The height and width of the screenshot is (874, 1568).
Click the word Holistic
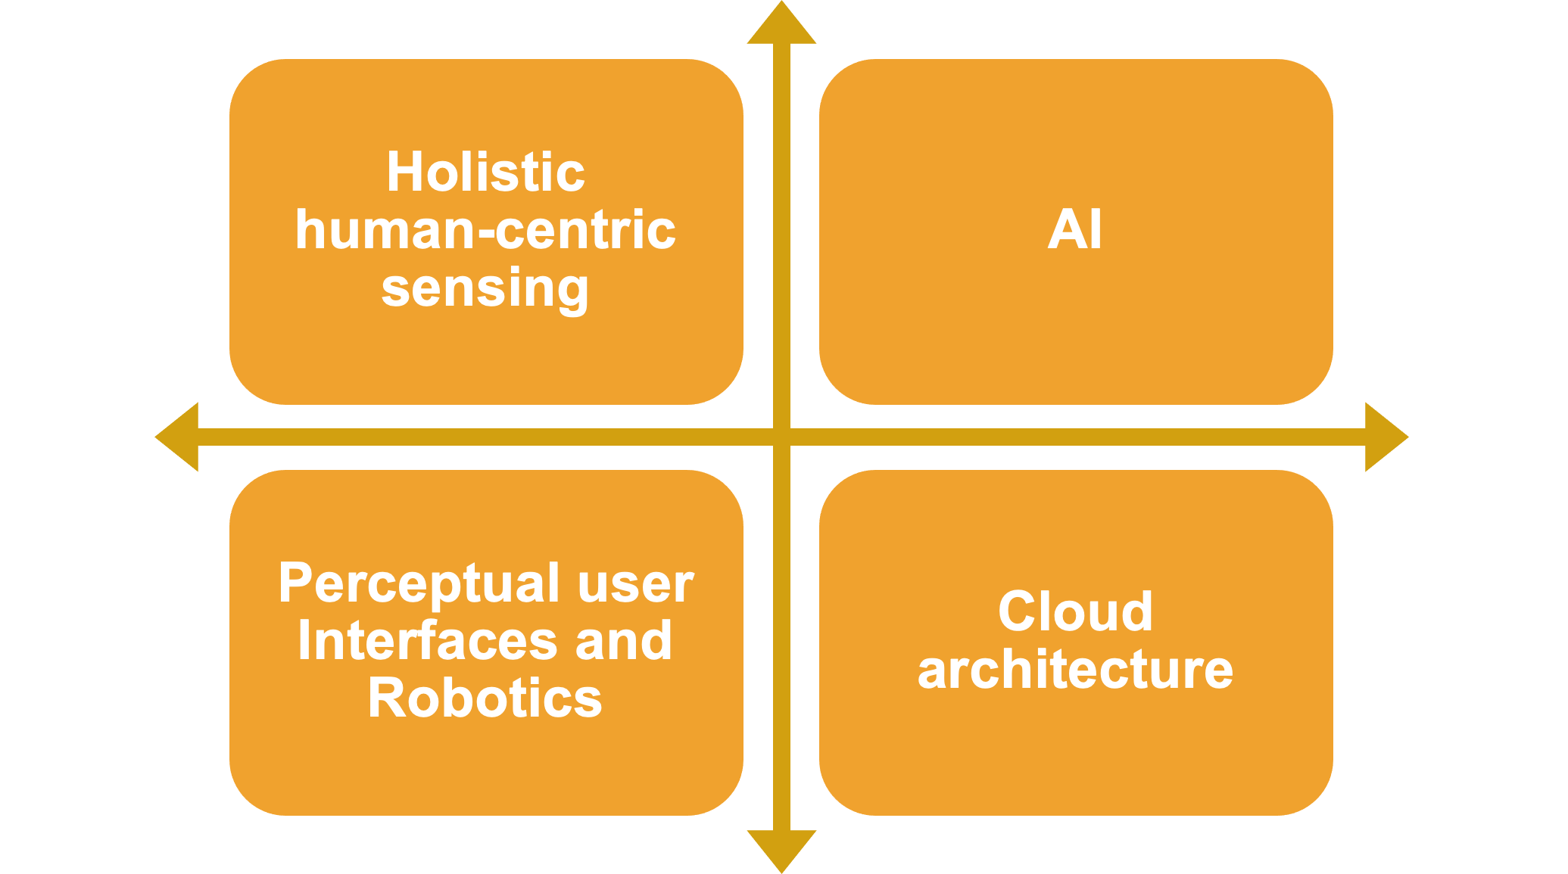(485, 172)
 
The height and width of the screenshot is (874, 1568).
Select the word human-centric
(485, 230)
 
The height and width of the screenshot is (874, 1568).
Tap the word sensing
(485, 288)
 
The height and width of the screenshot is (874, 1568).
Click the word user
(635, 583)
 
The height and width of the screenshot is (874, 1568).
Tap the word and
(623, 641)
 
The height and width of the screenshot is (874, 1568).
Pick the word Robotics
(485, 698)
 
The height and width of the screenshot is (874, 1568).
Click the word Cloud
(1075, 611)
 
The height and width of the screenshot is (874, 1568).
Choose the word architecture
(1075, 670)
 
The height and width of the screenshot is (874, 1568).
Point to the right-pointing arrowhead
(1385, 437)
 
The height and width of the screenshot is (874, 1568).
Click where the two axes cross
(781, 437)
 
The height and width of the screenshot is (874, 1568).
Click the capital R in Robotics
(385, 698)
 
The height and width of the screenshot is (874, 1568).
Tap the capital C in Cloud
(1017, 611)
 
